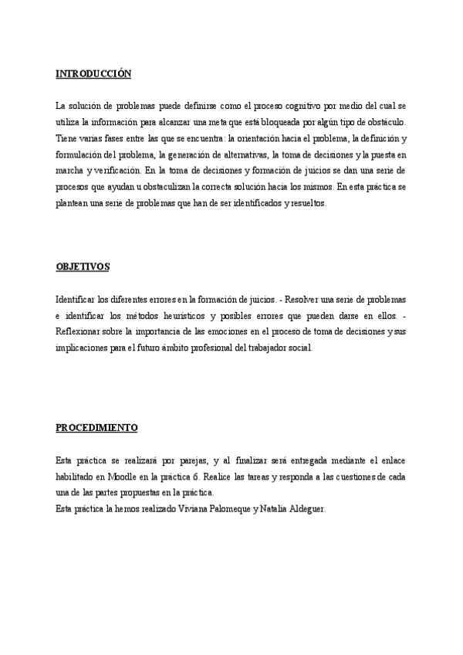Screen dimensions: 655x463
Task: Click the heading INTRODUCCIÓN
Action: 93,74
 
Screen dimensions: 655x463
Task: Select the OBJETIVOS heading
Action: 83,266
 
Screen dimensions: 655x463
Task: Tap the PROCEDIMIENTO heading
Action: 96,427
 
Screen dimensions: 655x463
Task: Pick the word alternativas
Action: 234,155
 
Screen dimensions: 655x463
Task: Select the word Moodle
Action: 126,477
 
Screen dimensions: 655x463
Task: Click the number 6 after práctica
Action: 195,477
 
